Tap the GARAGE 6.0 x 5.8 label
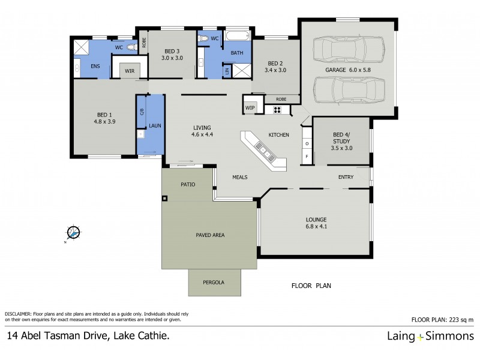point(348,70)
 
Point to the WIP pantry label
point(250,107)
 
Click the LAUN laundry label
point(154,125)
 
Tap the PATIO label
point(188,185)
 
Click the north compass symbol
point(74,232)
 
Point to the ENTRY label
point(346,177)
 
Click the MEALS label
point(240,177)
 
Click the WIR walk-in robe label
point(130,71)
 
